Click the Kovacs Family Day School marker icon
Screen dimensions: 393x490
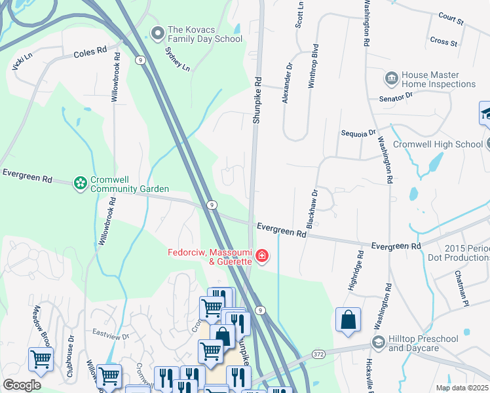pyautogui.click(x=157, y=32)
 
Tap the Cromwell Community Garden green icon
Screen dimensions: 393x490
pyautogui.click(x=80, y=183)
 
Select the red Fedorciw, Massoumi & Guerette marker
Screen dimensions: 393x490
pyautogui.click(x=262, y=255)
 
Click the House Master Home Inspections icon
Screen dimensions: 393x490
pyautogui.click(x=391, y=79)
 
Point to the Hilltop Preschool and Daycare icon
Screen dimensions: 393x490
pyautogui.click(x=378, y=343)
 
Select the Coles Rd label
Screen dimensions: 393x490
pyautogui.click(x=90, y=51)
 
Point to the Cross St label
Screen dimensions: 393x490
pyautogui.click(x=443, y=42)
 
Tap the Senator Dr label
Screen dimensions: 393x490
pyautogui.click(x=396, y=98)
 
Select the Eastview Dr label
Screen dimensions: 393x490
pyautogui.click(x=108, y=332)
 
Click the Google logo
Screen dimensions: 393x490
pyautogui.click(x=22, y=384)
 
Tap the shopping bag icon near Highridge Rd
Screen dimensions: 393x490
pyautogui.click(x=349, y=320)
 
